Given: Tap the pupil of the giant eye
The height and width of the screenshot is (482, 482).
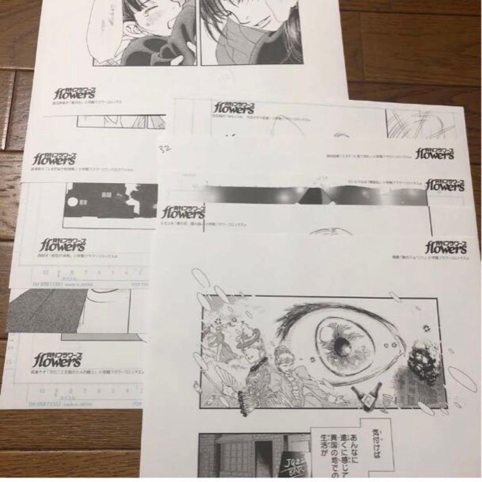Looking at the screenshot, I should [342, 345].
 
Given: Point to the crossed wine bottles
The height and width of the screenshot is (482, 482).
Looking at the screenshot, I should [367, 396].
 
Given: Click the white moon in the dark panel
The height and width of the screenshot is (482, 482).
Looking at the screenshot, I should [72, 202].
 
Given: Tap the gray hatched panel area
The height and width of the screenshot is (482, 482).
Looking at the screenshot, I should [45, 310].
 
